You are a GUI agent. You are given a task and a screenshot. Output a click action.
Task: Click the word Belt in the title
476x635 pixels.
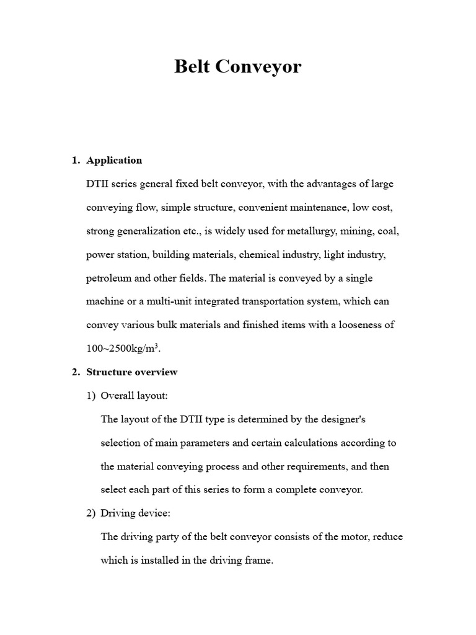click(192, 66)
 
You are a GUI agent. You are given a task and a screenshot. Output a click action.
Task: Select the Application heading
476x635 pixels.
click(114, 160)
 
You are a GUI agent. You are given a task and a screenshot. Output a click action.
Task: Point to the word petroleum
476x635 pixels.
click(109, 278)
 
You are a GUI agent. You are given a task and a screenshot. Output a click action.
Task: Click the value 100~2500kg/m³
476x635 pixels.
click(123, 349)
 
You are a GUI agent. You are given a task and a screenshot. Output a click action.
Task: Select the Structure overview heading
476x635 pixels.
click(132, 372)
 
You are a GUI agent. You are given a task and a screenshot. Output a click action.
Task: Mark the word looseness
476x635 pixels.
click(359, 325)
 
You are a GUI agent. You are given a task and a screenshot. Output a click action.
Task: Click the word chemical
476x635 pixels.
click(258, 254)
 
